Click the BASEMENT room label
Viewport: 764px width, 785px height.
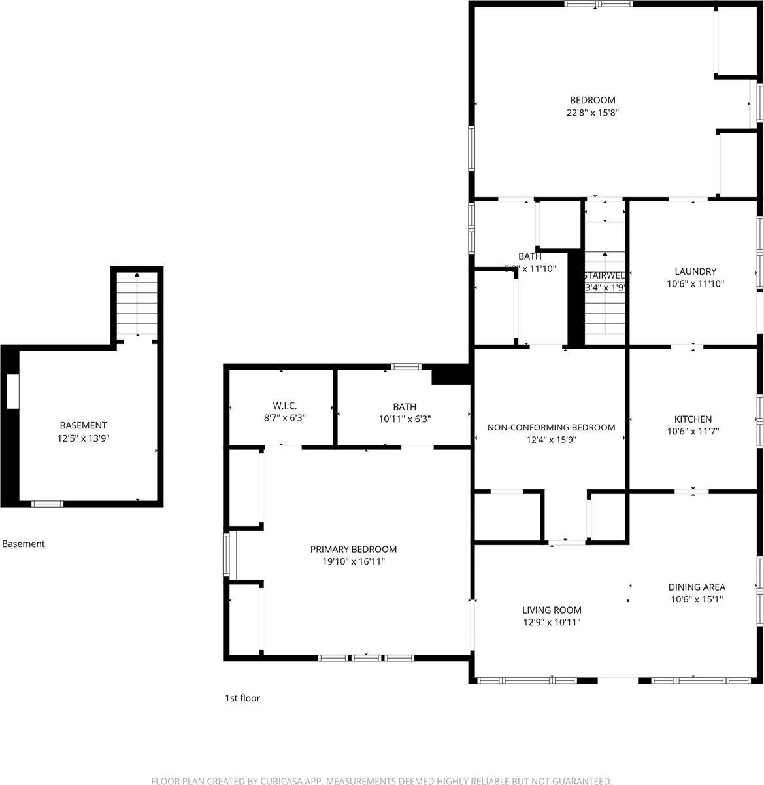tap(83, 425)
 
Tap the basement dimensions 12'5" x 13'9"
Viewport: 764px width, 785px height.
tap(83, 438)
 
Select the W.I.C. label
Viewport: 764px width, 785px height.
tap(285, 406)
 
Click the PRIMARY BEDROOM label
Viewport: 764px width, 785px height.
tap(354, 549)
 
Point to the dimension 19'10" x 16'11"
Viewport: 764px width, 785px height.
tap(354, 561)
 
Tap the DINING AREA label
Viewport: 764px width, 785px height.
tap(697, 587)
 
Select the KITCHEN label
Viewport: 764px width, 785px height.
tap(693, 419)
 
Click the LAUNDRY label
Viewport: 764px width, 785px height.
tap(695, 271)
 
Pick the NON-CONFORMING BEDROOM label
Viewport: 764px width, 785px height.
tap(552, 428)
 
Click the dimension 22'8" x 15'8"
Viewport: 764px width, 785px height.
tap(593, 113)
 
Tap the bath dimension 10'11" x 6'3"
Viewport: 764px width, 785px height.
tap(405, 419)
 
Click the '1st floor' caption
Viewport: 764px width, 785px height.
tap(242, 698)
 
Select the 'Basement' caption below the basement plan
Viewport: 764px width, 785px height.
tap(24, 544)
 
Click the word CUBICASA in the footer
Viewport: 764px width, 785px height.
tap(273, 781)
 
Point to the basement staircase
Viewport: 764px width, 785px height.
tap(137, 305)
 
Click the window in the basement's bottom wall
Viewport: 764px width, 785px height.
tap(48, 504)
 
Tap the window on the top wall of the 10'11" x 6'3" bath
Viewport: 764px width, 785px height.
tap(406, 367)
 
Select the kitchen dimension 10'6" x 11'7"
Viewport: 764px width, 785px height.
tap(693, 432)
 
